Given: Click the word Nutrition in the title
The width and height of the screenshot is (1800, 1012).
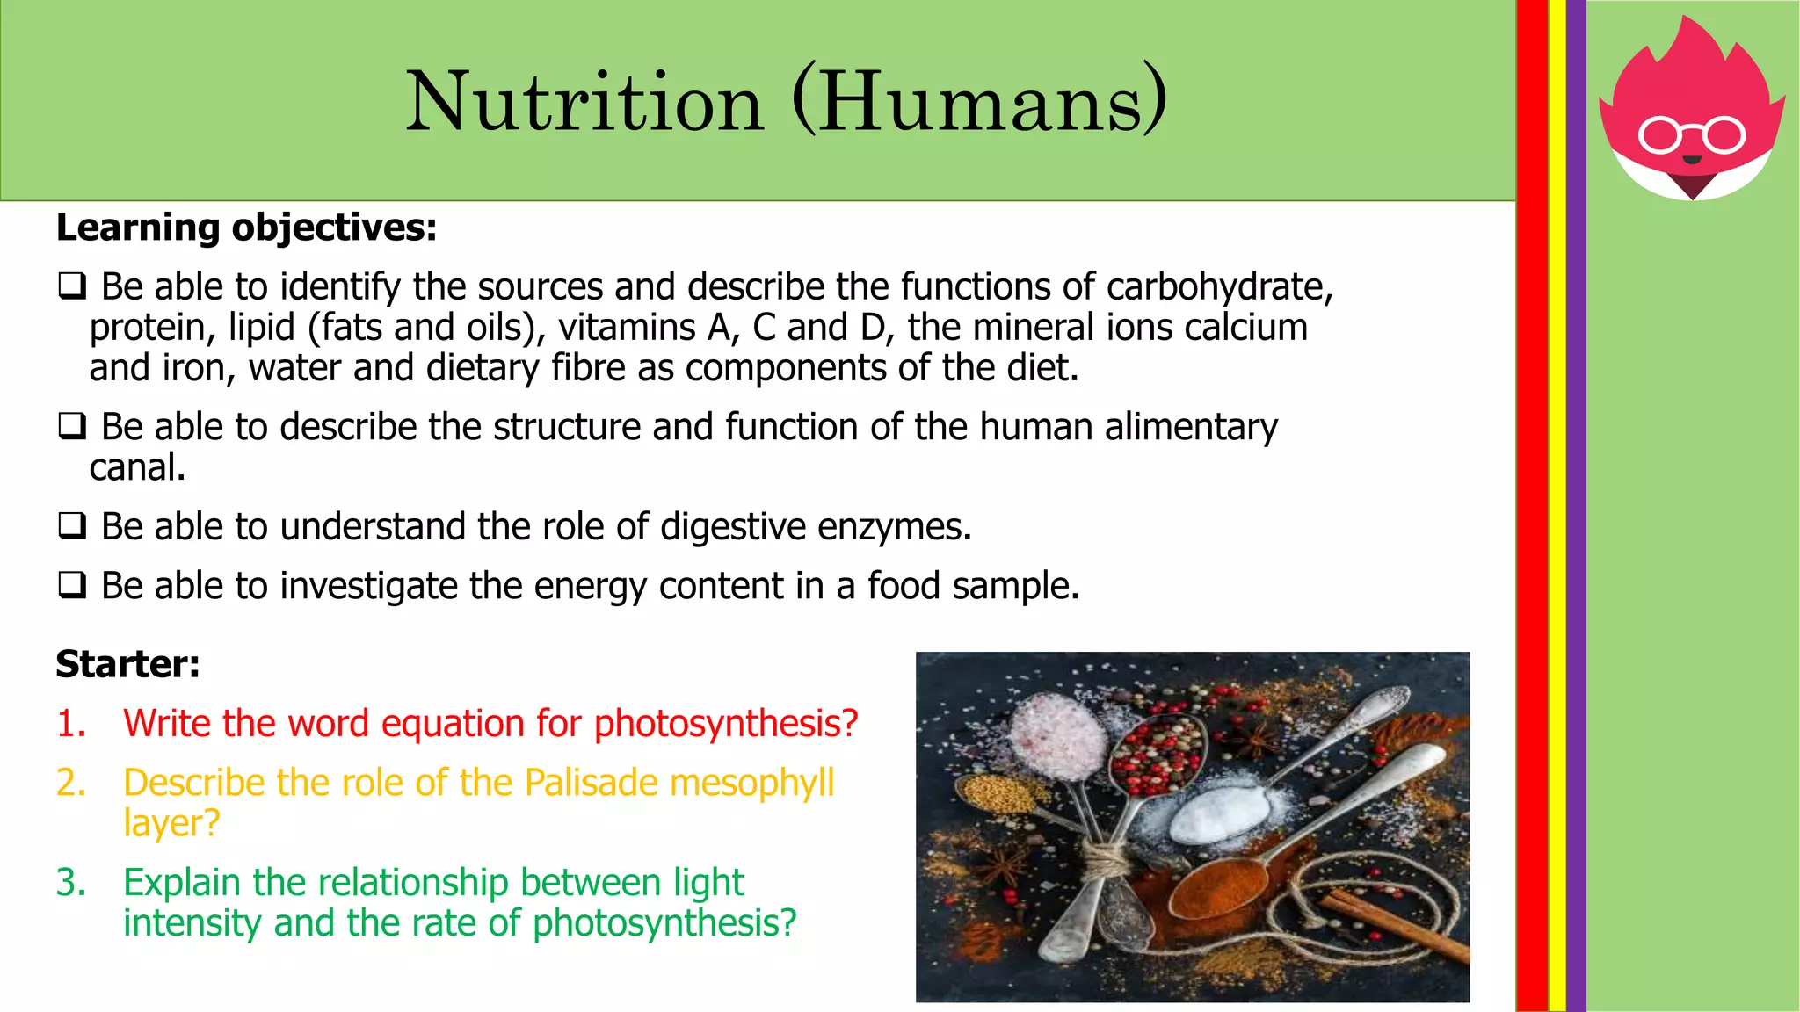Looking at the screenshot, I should point(584,103).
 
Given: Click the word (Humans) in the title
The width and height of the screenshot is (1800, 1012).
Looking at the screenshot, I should point(979,103).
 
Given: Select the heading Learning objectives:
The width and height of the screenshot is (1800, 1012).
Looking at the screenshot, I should point(246,228).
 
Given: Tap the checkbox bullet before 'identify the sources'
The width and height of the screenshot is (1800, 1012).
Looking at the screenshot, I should point(72,286).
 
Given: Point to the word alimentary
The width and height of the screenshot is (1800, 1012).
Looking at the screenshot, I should point(1190,428).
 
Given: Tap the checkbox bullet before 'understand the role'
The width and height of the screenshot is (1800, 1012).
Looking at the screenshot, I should point(72,526).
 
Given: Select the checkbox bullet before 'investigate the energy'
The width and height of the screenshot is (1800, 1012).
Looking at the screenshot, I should point(72,585).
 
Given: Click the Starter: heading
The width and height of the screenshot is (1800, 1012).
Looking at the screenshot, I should point(128,664).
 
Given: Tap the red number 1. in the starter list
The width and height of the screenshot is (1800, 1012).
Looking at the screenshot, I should point(71,724).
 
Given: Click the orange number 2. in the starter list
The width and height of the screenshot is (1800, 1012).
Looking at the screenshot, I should point(71,783).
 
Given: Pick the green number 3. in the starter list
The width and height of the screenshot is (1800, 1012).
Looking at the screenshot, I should point(71,883).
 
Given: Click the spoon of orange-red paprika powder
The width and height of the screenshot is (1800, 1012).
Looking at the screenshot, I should point(1217,887).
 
